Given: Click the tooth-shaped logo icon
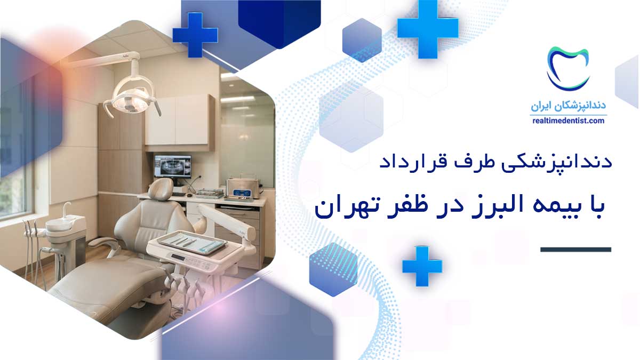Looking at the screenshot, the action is point(568,69).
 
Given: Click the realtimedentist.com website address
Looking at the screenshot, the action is point(569,121).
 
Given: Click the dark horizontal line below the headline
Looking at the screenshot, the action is point(575,250).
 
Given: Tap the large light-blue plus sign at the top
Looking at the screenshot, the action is point(428,29).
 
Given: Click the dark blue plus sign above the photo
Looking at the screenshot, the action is point(195,35).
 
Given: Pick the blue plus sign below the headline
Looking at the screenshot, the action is point(422,266).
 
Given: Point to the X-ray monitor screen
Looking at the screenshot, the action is point(173,166).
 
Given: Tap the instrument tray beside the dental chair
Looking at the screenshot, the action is point(192,243).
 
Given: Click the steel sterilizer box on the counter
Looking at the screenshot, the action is point(243,188).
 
